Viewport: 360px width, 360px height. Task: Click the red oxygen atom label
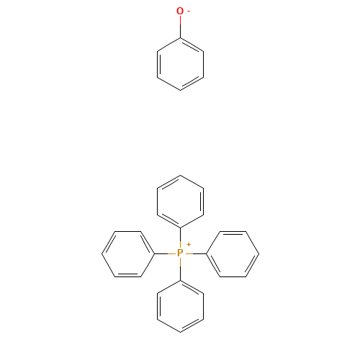(x=180, y=11)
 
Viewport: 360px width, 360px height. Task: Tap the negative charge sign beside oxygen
(x=189, y=11)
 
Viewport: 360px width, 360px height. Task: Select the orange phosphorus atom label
(x=180, y=253)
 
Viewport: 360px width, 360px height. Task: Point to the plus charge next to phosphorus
(x=189, y=245)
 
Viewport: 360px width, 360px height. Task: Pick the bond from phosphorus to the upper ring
(x=180, y=234)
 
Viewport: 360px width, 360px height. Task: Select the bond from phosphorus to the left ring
(x=161, y=253)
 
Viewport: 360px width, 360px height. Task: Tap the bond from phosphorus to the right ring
(x=199, y=253)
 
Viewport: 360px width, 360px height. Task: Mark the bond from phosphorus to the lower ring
(x=180, y=273)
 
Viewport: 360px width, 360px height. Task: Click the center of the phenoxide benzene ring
(x=180, y=64)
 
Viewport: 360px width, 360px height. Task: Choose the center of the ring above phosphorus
(x=180, y=202)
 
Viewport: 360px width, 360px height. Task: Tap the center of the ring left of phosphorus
(x=128, y=254)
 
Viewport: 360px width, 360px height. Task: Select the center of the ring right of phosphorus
(x=233, y=254)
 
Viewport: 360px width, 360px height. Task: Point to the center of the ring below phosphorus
(x=180, y=306)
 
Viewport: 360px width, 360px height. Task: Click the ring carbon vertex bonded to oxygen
(x=180, y=38)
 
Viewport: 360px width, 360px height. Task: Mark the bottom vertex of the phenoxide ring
(x=180, y=91)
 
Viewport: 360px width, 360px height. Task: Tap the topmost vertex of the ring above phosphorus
(x=180, y=175)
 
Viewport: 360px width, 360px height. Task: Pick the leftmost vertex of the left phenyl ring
(x=102, y=253)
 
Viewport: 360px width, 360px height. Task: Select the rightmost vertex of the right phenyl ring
(x=259, y=253)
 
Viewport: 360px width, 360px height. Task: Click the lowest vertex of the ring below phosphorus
(x=180, y=333)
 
